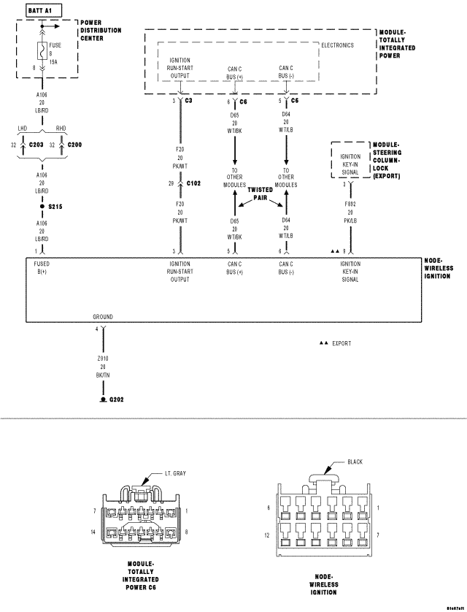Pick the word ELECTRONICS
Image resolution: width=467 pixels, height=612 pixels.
[337, 45]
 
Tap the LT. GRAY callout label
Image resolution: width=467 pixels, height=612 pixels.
[174, 473]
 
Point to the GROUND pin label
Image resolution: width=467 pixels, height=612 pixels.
[103, 317]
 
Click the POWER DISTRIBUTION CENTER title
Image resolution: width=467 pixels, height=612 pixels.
[101, 31]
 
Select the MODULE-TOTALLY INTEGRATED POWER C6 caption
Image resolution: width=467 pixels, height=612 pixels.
[141, 575]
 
